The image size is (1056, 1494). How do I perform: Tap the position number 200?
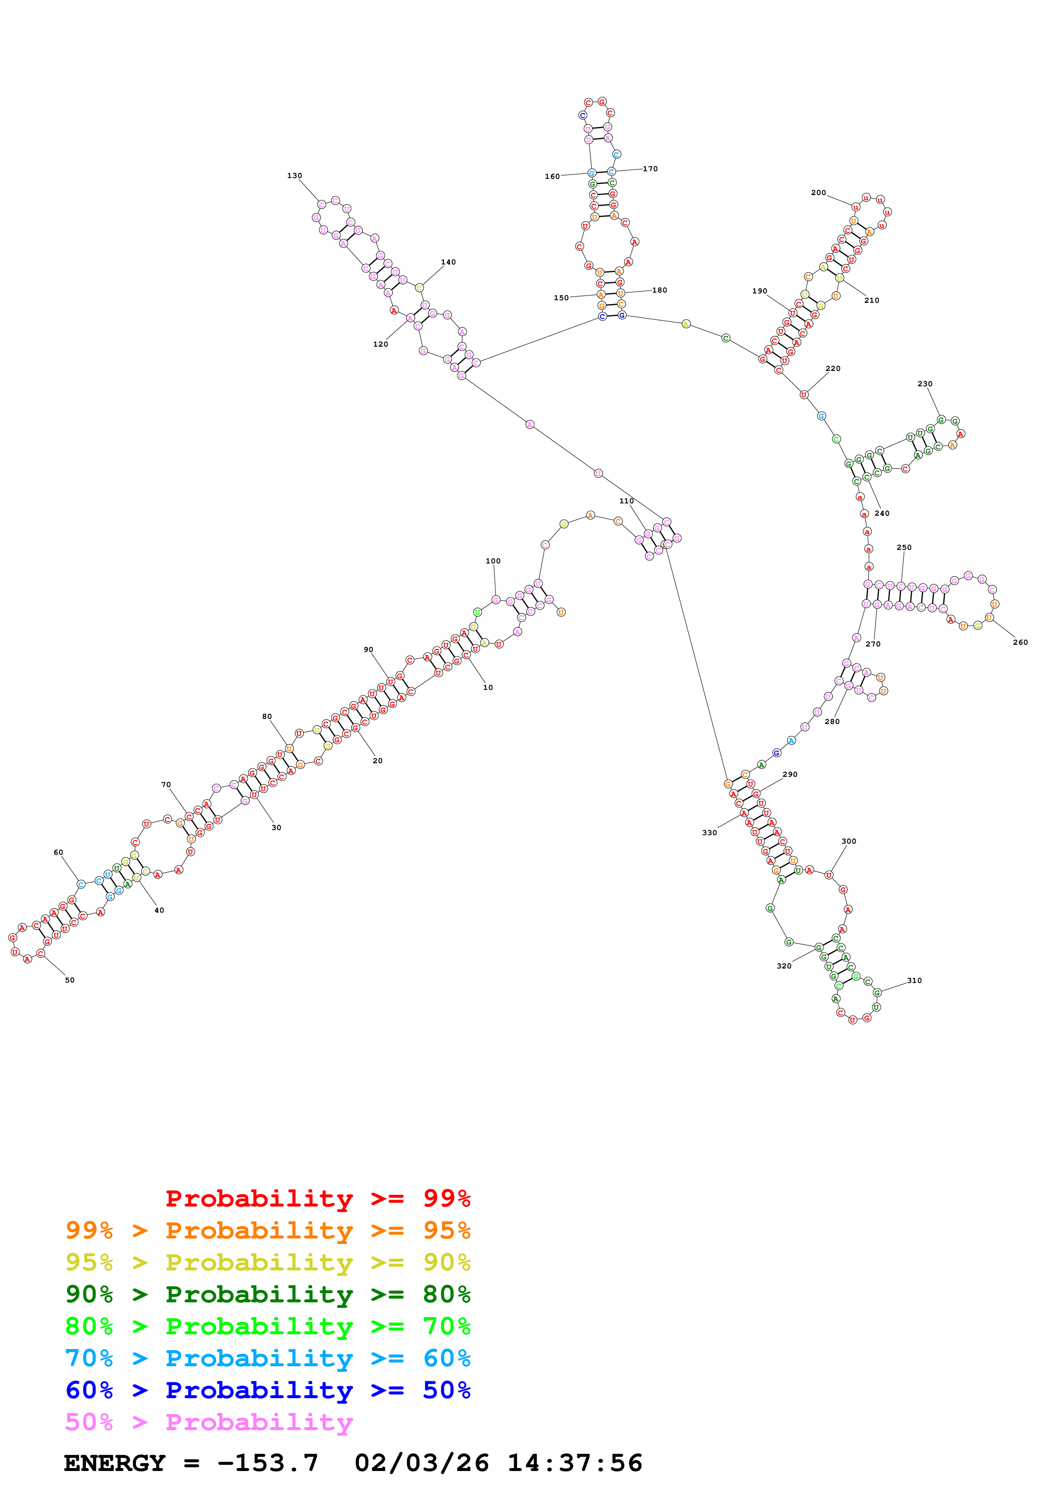pos(818,192)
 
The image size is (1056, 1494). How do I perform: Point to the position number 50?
pos(69,980)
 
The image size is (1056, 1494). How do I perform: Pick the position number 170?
pos(650,169)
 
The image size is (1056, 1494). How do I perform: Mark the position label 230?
pos(924,384)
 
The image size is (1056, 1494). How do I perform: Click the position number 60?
pos(58,853)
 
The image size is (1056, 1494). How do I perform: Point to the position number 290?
pos(789,774)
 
